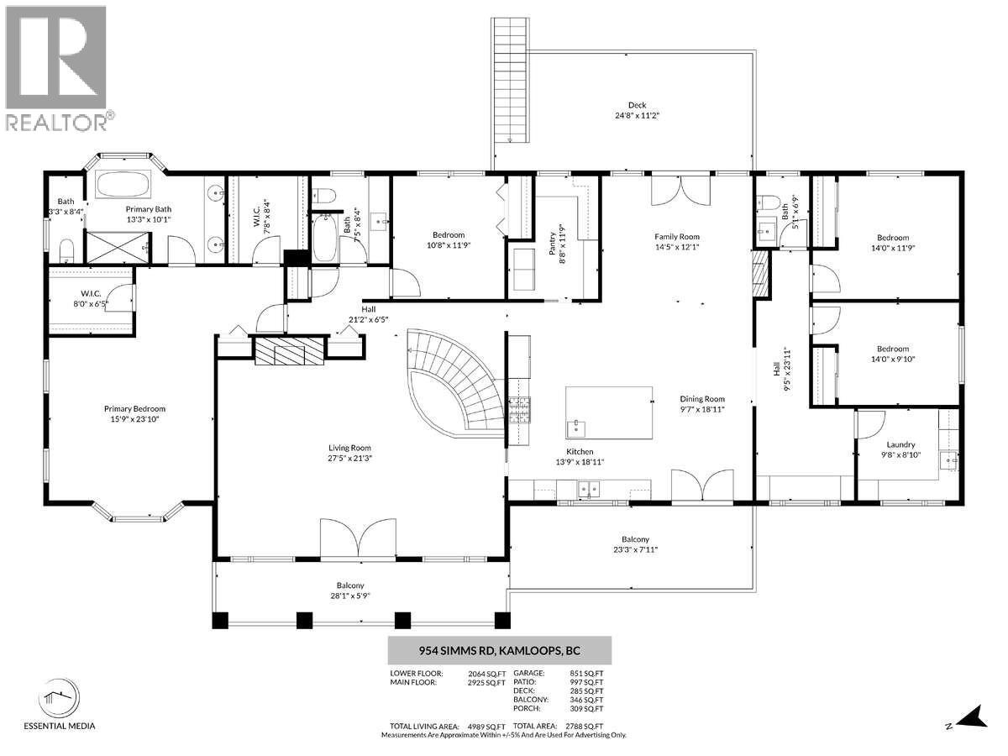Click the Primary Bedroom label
tap(129, 409)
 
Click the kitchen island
tap(609, 412)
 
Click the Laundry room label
tap(900, 445)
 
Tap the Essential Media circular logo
tap(58, 696)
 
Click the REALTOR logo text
tap(57, 123)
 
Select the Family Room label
tap(677, 237)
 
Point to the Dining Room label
tap(701, 399)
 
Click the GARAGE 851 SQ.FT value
tap(585, 673)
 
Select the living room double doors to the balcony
tap(358, 538)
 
